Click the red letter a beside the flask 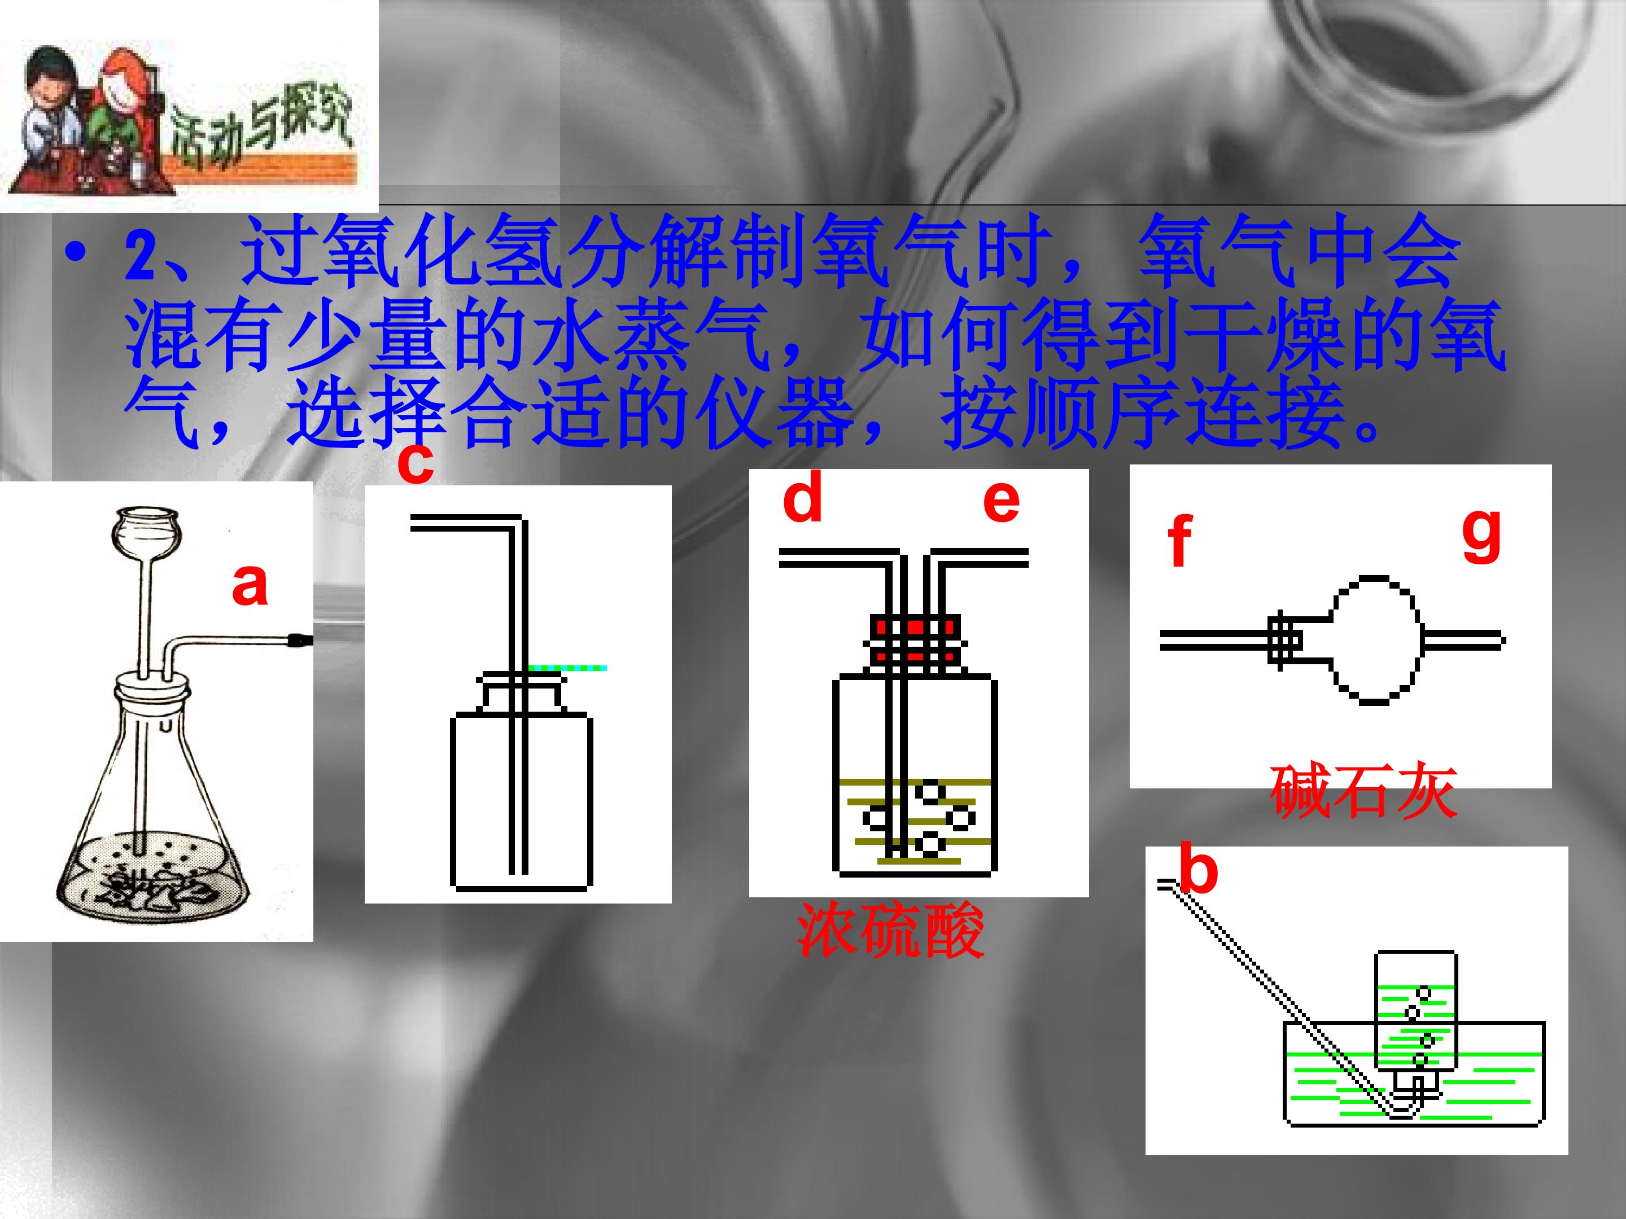250,584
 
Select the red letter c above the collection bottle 416,463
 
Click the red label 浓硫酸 890,931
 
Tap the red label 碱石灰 1363,792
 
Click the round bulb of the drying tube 1373,640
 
